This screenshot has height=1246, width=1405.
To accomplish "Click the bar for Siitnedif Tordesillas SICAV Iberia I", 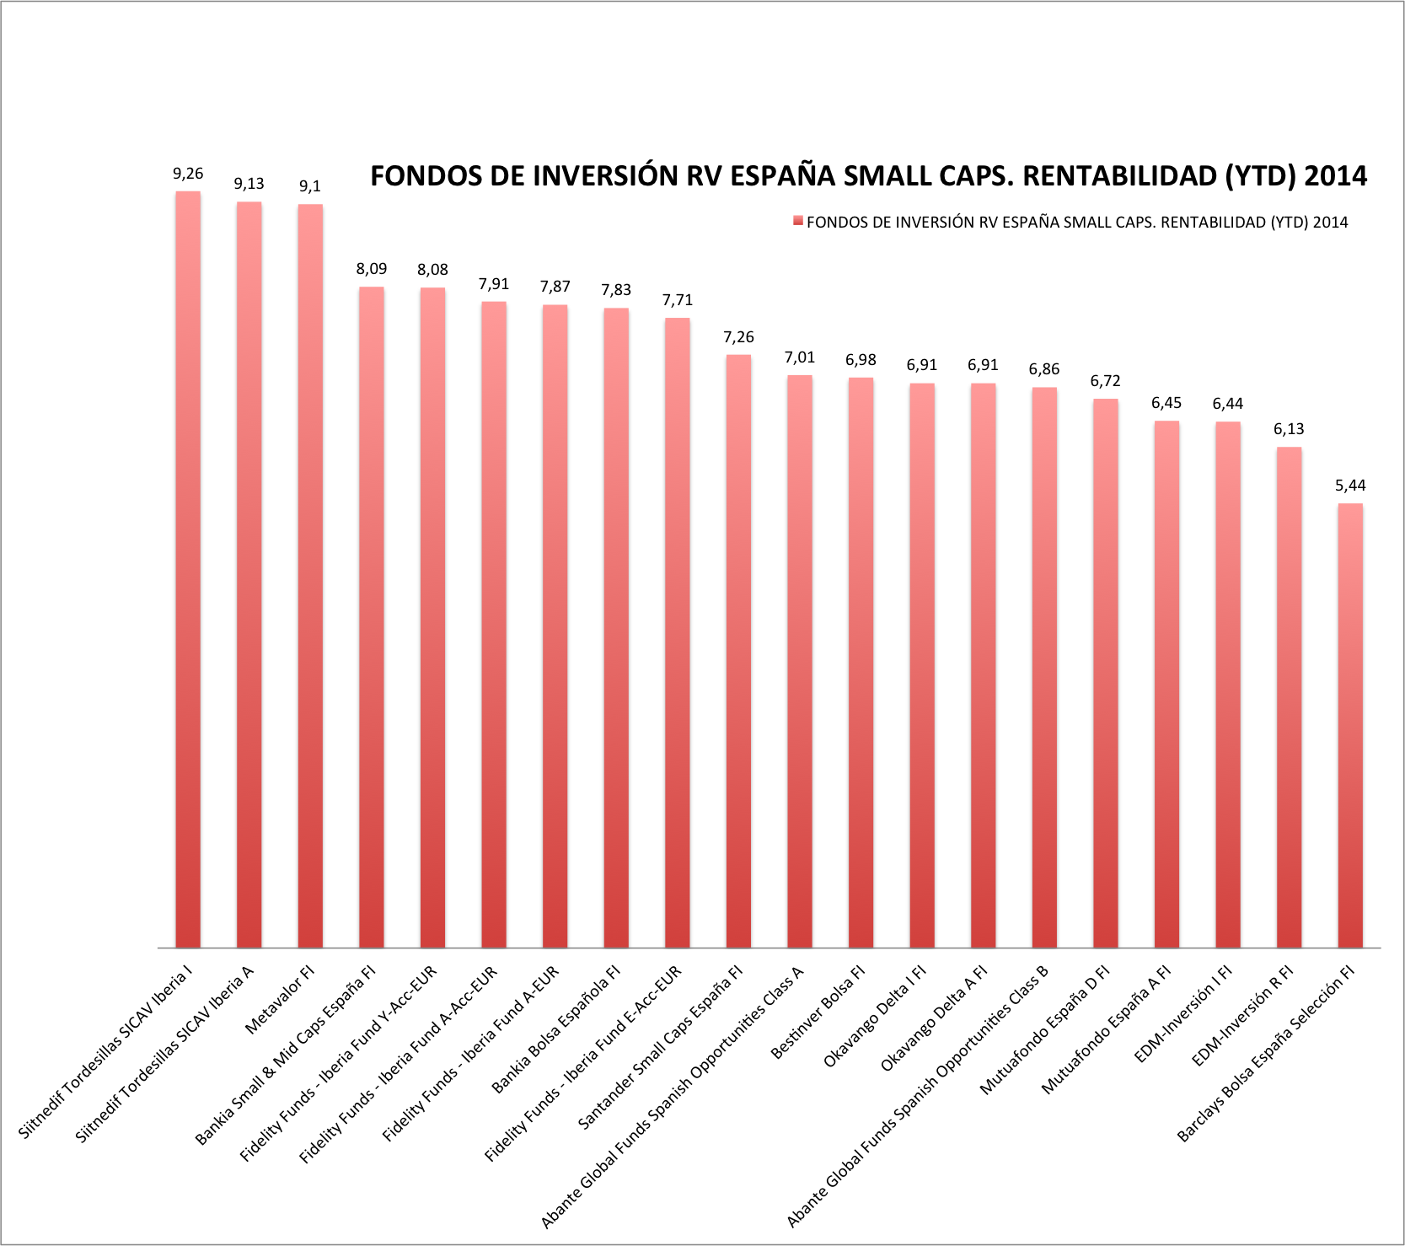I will click(188, 569).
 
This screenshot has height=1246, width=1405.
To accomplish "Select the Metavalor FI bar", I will click(310, 576).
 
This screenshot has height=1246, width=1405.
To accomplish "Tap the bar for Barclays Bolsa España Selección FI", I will click(1350, 725).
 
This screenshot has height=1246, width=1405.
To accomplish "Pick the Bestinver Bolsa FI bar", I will click(861, 663).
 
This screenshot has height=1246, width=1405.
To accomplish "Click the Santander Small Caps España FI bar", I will click(738, 651).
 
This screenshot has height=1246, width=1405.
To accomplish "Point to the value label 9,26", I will click(188, 174).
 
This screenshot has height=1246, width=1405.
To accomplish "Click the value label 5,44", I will click(1350, 486).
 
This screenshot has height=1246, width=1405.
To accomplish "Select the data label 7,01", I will click(800, 357).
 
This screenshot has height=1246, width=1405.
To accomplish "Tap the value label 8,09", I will click(372, 269).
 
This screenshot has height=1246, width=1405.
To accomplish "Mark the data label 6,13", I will click(1289, 429).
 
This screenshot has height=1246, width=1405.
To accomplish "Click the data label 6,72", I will click(1105, 381).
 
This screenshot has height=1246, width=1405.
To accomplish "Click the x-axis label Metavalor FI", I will click(281, 1000).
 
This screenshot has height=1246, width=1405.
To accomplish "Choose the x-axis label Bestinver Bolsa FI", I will click(819, 1012).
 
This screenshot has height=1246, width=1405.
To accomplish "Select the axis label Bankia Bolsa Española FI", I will click(557, 1029).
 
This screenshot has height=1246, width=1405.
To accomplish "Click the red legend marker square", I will click(796, 222).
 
